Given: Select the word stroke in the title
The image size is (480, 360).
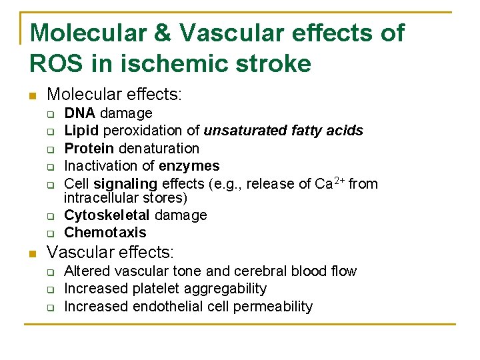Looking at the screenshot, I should coord(275,64).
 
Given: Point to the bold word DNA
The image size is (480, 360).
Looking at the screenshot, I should coord(79,113).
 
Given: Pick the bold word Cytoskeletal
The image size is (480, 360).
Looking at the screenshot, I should coord(107,215).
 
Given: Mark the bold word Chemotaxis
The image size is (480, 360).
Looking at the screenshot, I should coord(105,233).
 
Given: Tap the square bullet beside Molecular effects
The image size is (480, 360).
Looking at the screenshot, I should coord(31,97).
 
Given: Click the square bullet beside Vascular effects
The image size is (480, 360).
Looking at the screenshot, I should coord(31,254).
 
